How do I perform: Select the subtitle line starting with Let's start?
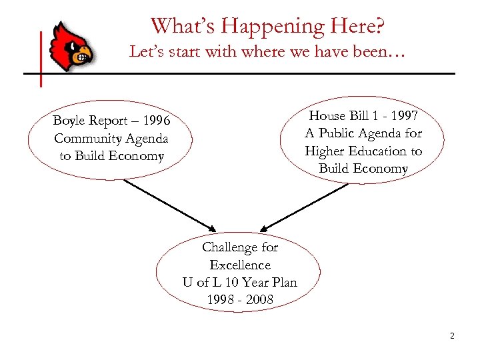[267, 51]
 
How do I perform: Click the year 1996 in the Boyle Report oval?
[154, 121]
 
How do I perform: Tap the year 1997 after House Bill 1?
[402, 116]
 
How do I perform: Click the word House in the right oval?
[327, 116]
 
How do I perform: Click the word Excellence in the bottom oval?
[240, 265]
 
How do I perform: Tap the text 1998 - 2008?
[240, 299]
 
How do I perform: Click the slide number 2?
[451, 336]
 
